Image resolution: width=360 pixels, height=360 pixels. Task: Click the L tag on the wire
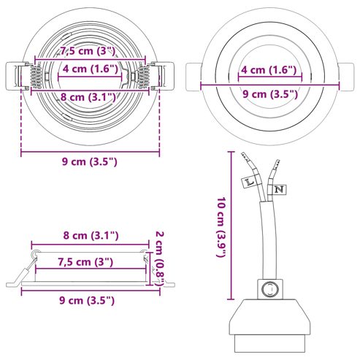point(249,182)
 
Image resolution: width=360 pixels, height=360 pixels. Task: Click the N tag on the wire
point(279,189)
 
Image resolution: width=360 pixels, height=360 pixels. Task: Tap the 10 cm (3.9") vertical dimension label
point(222,227)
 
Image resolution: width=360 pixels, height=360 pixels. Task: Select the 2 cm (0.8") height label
point(160,259)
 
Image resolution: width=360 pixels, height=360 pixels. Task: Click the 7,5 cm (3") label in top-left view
point(88,51)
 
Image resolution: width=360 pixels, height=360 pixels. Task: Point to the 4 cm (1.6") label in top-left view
point(91,69)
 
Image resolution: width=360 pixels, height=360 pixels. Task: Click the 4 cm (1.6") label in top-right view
point(269,70)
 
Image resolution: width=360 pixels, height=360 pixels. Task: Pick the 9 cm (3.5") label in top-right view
point(270,94)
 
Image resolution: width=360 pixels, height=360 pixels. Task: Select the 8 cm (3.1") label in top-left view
point(88,97)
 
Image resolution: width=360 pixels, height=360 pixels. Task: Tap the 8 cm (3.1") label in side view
point(91,236)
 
